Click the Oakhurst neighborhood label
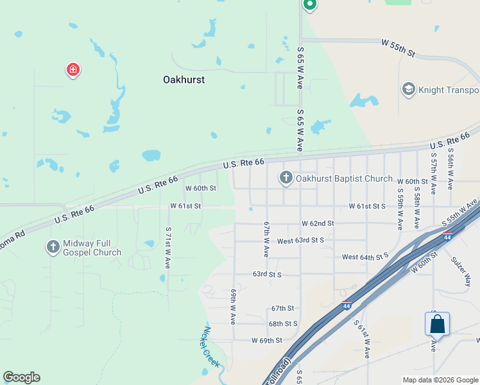[184, 80]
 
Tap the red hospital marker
[73, 69]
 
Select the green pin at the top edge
[310, 5]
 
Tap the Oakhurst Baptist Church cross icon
[286, 178]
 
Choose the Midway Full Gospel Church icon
[53, 246]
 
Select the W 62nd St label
[318, 223]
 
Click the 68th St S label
[283, 324]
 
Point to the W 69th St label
[267, 340]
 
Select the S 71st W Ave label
[168, 247]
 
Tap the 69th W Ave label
[234, 306]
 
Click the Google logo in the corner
[21, 377]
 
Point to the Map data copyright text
[440, 380]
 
